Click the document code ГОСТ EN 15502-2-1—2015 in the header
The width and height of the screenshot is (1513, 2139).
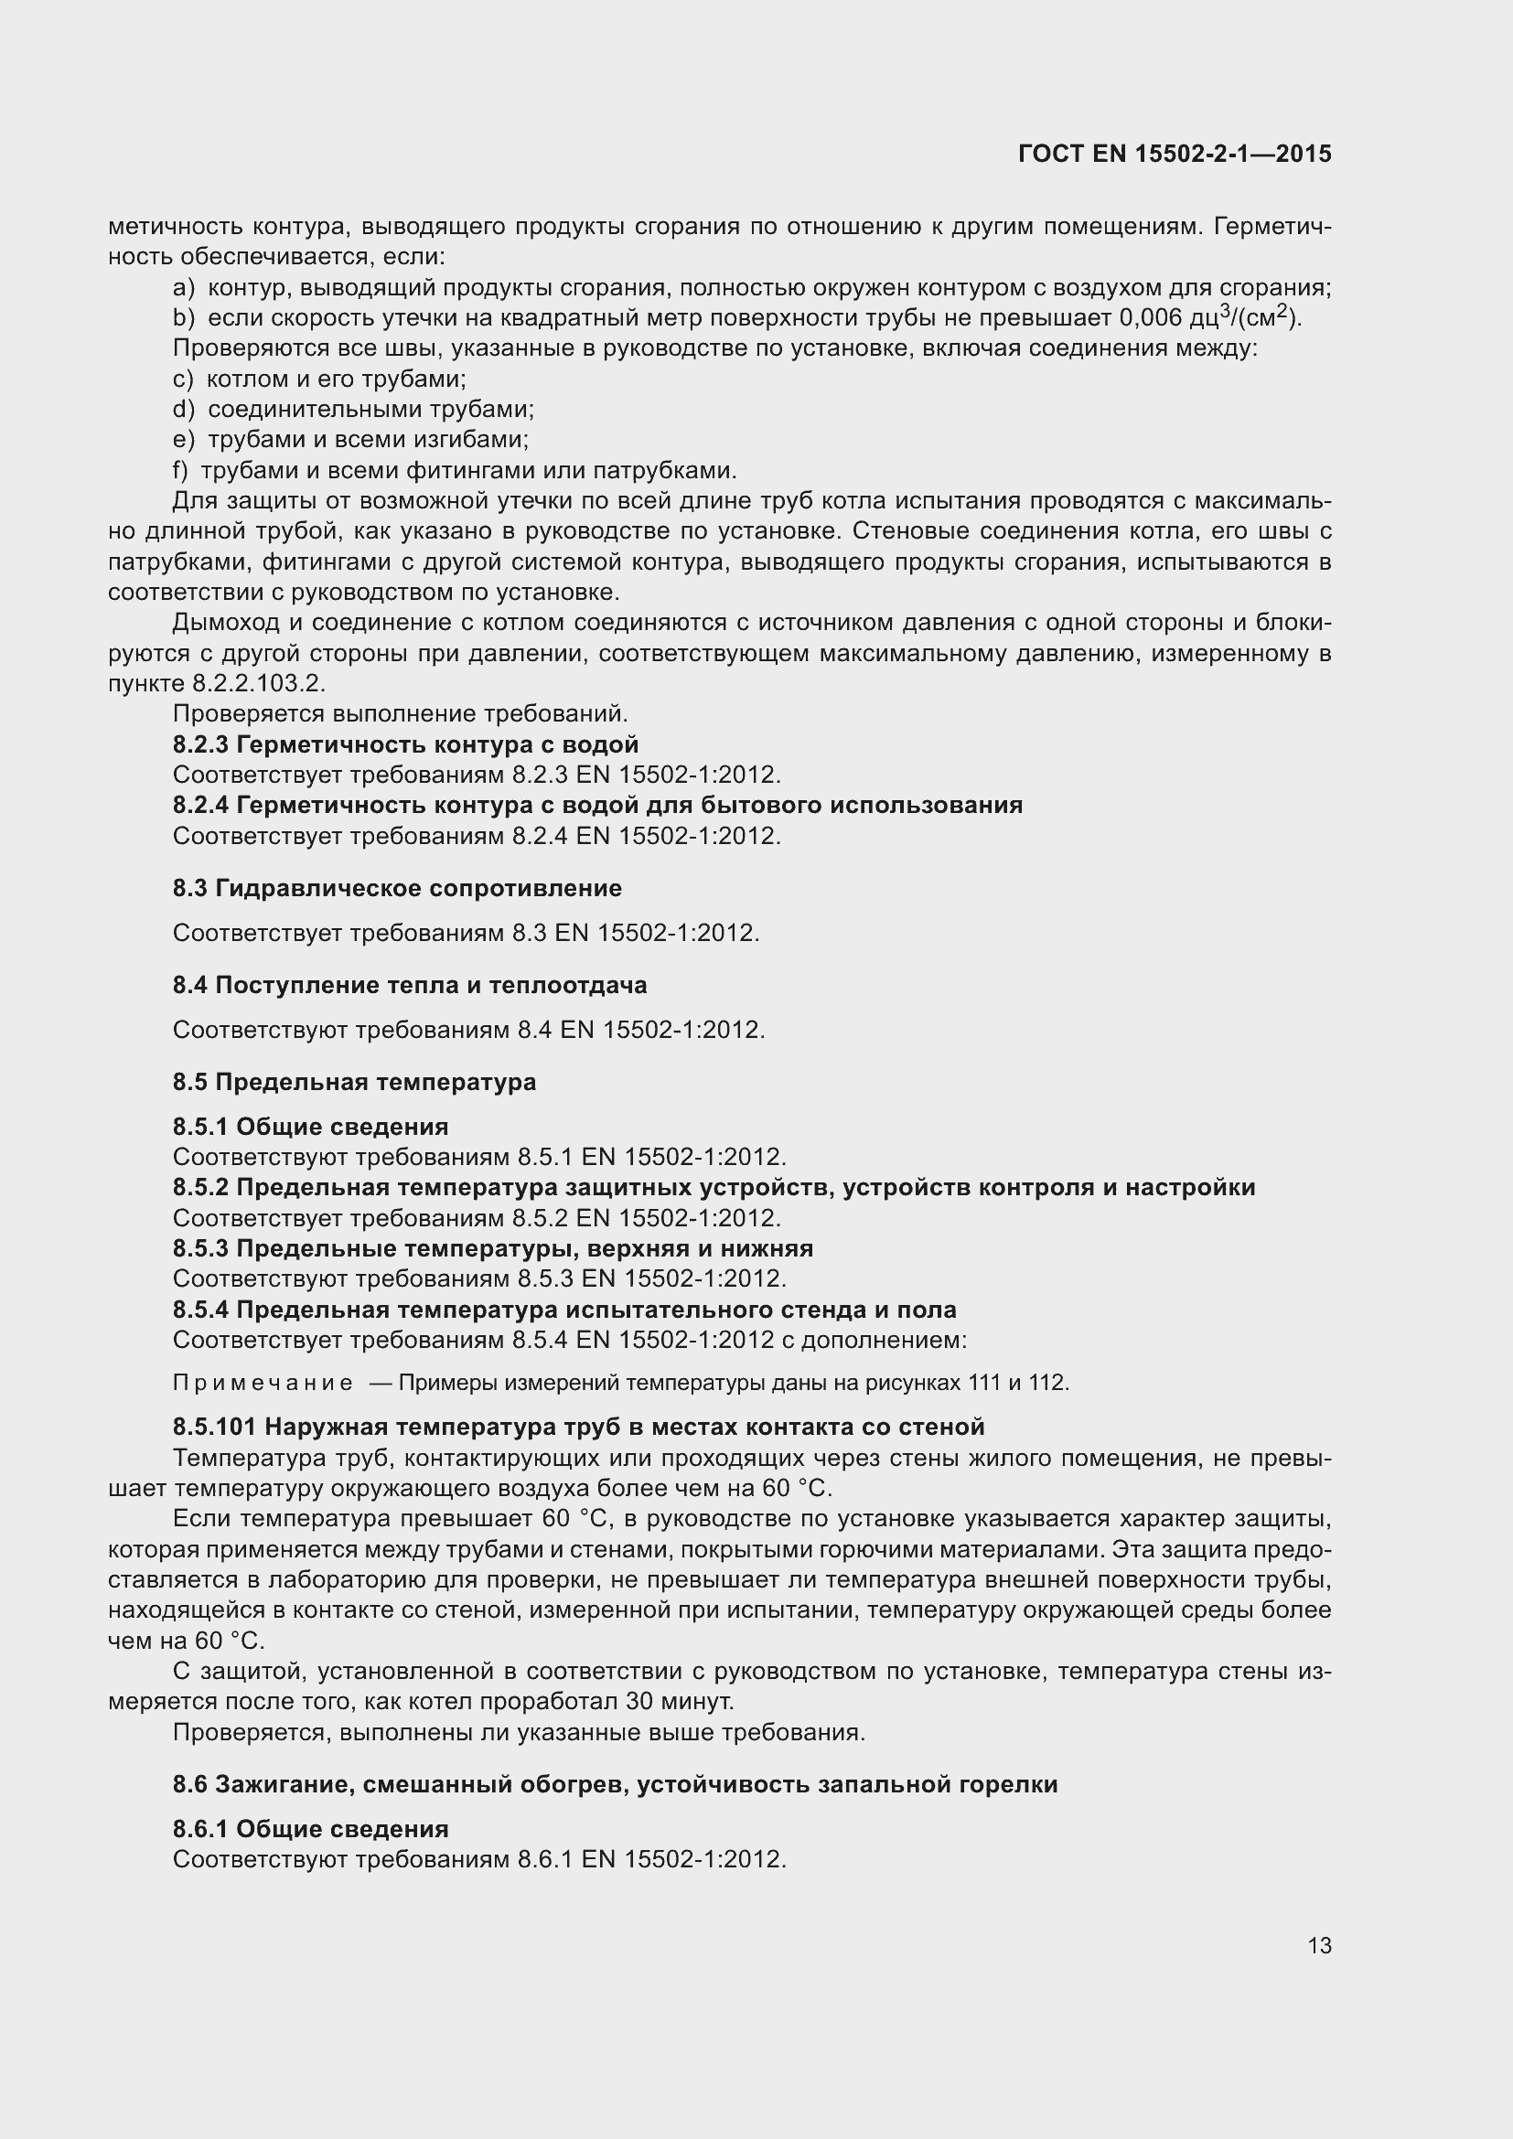tap(1174, 154)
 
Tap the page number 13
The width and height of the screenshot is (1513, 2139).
tap(1319, 1945)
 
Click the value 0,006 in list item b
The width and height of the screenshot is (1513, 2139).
tap(1151, 318)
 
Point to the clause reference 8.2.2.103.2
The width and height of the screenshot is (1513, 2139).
tap(258, 683)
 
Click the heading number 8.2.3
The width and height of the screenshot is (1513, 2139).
tap(200, 744)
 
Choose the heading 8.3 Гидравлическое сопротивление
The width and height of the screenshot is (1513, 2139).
tap(397, 888)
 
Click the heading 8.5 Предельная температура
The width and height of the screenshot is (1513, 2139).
tap(354, 1082)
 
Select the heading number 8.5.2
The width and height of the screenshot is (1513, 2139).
tap(200, 1187)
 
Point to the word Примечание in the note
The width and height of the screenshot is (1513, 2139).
tap(263, 1383)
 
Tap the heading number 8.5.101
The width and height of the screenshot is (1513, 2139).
tap(213, 1427)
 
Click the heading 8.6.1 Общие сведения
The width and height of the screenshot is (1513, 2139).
tap(310, 1829)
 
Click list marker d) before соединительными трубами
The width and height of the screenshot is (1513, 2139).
tap(183, 409)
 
